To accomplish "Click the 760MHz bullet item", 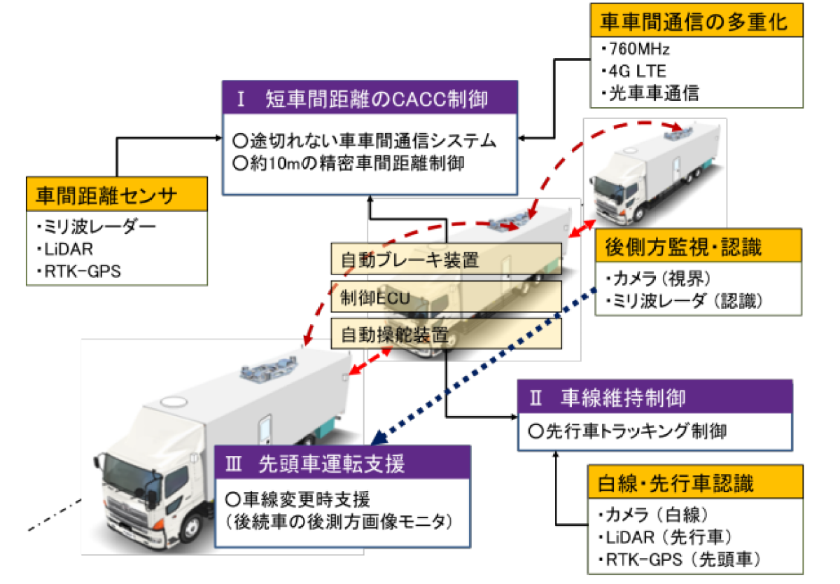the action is click(x=636, y=49).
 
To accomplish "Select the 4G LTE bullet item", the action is click(x=633, y=71).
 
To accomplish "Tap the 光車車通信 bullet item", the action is click(x=650, y=93).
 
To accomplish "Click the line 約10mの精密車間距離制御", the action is click(x=349, y=163).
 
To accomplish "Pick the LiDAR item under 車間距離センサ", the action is click(x=65, y=249).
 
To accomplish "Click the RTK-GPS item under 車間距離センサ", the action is click(x=79, y=271).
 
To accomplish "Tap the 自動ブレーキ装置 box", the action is click(x=447, y=260).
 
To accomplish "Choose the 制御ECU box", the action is click(x=447, y=297).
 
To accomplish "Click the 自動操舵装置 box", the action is click(x=447, y=334).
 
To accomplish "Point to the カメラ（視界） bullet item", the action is click(x=658, y=278).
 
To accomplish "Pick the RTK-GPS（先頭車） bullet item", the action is click(x=680, y=559).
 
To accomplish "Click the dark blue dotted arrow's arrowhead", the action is click(x=379, y=438).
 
